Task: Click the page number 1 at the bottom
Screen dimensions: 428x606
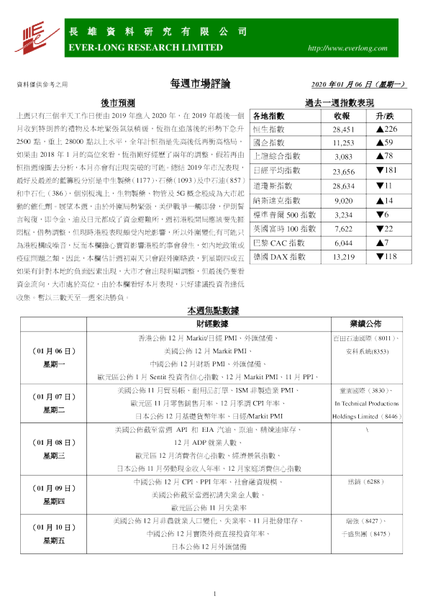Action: click(x=214, y=594)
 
